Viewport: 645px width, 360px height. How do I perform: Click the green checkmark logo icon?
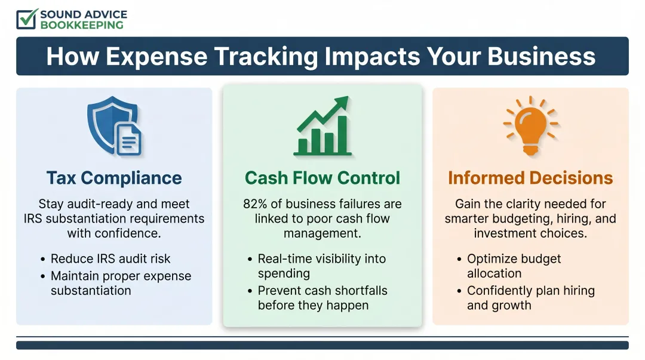pyautogui.click(x=27, y=19)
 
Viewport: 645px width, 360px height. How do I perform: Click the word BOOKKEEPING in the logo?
pyautogui.click(x=82, y=25)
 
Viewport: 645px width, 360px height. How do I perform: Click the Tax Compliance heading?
pyautogui.click(x=114, y=178)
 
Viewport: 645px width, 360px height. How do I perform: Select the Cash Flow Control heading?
pyautogui.click(x=322, y=178)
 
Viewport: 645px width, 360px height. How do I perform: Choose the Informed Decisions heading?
pyautogui.click(x=530, y=178)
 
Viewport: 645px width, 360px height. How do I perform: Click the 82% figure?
pyautogui.click(x=256, y=204)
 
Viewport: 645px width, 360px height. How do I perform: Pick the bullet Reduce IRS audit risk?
pyautogui.click(x=110, y=259)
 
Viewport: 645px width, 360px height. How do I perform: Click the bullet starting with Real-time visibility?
pyautogui.click(x=321, y=266)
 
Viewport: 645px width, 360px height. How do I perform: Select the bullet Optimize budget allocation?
pyautogui.click(x=514, y=266)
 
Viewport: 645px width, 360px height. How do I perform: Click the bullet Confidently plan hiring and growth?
pyautogui.click(x=530, y=298)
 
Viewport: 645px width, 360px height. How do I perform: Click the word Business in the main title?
pyautogui.click(x=541, y=56)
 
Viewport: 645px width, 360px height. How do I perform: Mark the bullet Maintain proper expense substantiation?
pyautogui.click(x=121, y=284)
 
